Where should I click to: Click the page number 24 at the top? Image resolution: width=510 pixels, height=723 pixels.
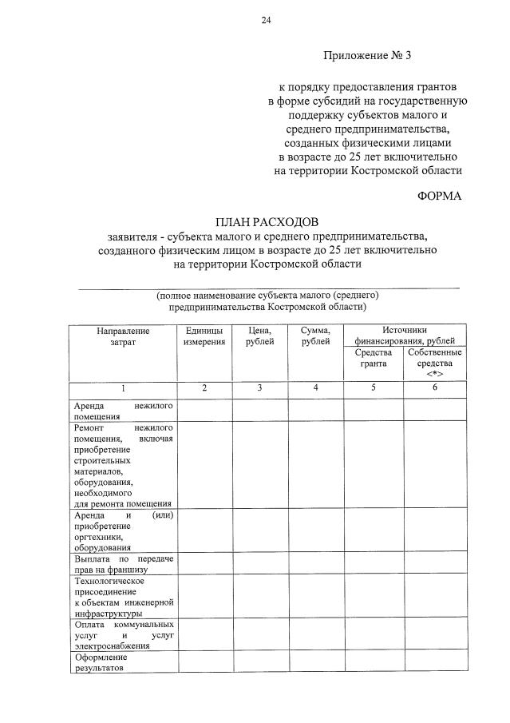click(x=266, y=21)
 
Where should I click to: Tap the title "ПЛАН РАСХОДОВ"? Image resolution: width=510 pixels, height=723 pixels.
click(x=267, y=220)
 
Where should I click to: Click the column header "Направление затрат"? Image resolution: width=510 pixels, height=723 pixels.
click(x=123, y=336)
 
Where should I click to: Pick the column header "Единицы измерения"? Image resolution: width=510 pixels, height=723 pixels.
click(x=204, y=336)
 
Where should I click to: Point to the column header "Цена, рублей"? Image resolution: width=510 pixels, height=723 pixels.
click(x=260, y=336)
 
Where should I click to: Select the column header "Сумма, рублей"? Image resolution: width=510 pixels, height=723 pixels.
click(x=315, y=336)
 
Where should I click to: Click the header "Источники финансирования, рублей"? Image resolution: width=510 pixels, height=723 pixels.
click(x=404, y=336)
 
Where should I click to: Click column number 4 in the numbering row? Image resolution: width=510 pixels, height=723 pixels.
click(x=315, y=387)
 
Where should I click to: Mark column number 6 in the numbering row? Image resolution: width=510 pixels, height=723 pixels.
click(x=434, y=387)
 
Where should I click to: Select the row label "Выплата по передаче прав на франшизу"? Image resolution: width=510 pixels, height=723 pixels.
click(x=123, y=564)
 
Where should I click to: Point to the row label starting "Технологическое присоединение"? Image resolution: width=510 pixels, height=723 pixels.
click(x=123, y=597)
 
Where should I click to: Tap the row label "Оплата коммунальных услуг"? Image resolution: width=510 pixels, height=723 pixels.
click(x=123, y=634)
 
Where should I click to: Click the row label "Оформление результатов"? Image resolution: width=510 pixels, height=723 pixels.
click(x=123, y=662)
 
